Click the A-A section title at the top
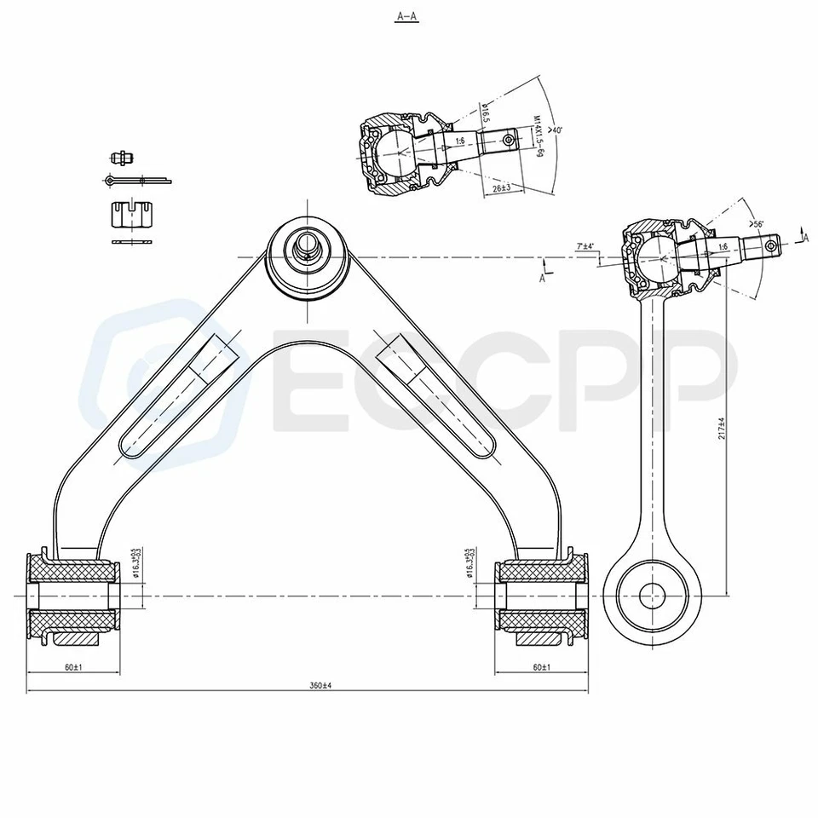click(408, 16)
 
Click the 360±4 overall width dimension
click(320, 686)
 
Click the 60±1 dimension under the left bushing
click(72, 667)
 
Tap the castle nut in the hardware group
click(134, 215)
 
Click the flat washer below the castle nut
click(134, 243)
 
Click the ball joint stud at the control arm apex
click(307, 245)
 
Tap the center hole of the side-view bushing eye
click(652, 595)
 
